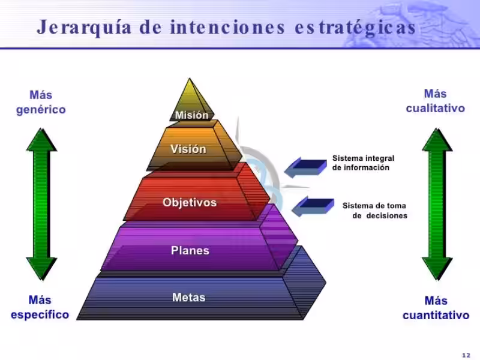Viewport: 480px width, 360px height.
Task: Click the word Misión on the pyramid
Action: tap(191, 115)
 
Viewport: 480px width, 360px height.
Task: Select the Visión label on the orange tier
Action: tap(188, 149)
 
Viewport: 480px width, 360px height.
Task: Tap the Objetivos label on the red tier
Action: tap(190, 202)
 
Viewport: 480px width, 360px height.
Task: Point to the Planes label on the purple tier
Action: tap(190, 250)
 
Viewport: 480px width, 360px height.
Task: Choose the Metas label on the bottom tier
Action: tap(188, 297)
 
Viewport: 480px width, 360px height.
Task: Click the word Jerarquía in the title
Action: tap(84, 27)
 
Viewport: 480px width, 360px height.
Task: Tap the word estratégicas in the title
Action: tap(355, 27)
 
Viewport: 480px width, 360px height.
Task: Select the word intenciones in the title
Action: tap(228, 26)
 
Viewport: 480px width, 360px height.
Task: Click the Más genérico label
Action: tap(41, 102)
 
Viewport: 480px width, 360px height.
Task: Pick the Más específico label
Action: tap(40, 307)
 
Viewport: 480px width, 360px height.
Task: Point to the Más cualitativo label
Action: tap(436, 101)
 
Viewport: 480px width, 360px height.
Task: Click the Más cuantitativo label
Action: tap(436, 308)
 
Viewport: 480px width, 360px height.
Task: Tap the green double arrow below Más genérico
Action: tap(41, 204)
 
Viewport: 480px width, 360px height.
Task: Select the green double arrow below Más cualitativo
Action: tap(437, 204)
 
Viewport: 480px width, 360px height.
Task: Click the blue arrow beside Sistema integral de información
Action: tap(305, 167)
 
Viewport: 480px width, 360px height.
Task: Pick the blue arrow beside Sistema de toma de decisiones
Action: tap(313, 206)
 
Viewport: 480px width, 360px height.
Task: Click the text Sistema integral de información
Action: tap(363, 163)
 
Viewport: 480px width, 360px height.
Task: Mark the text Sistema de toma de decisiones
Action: tap(374, 211)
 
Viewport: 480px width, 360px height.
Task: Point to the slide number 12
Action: tap(466, 355)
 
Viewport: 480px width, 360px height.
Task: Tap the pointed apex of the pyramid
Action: tap(190, 79)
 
